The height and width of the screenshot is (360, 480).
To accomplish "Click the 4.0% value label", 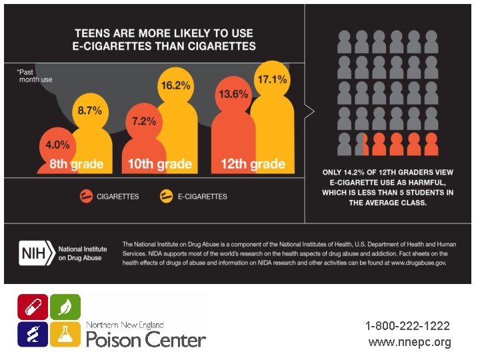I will click(57, 144).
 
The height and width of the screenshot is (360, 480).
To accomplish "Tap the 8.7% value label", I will click(90, 110).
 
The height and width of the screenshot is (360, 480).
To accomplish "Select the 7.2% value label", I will click(144, 121).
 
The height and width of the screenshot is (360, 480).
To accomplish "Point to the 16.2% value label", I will click(175, 85).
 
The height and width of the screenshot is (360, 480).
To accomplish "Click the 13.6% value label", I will click(234, 94).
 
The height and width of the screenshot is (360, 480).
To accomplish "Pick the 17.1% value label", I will click(272, 79).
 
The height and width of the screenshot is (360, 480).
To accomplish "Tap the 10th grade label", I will click(160, 164).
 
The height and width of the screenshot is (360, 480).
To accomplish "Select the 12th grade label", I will click(253, 164).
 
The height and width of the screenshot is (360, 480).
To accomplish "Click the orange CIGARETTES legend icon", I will click(86, 196).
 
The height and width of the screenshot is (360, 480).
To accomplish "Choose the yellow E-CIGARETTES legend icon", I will click(166, 196).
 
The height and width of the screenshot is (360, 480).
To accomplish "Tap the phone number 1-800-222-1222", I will click(407, 326).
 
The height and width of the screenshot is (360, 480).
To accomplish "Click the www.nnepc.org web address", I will click(409, 342).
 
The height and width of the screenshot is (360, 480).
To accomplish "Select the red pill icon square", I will click(33, 307).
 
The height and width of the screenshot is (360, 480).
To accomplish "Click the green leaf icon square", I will click(65, 307).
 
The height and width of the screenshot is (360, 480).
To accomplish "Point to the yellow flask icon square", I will click(65, 333).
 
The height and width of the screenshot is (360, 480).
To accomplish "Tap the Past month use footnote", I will click(35, 75).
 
